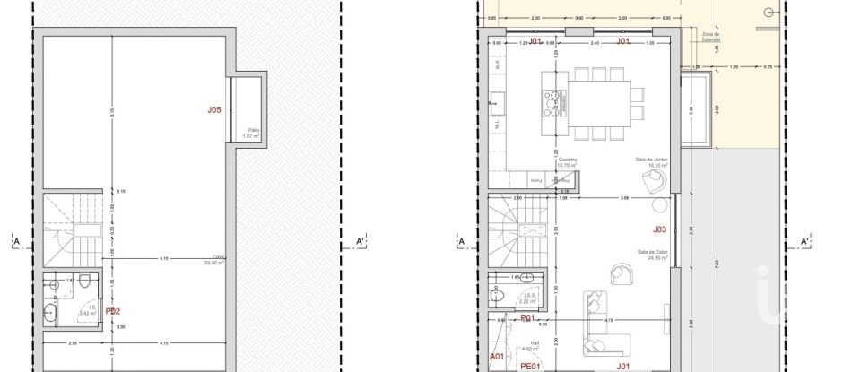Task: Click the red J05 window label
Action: coord(213,110)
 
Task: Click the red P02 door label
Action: coord(113,312)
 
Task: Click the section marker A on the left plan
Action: coord(15,241)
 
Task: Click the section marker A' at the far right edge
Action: coord(804,241)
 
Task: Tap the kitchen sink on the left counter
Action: coord(496,104)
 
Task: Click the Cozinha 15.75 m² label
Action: coord(567,162)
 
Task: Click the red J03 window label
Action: coord(659,229)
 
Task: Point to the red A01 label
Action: coord(497,356)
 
